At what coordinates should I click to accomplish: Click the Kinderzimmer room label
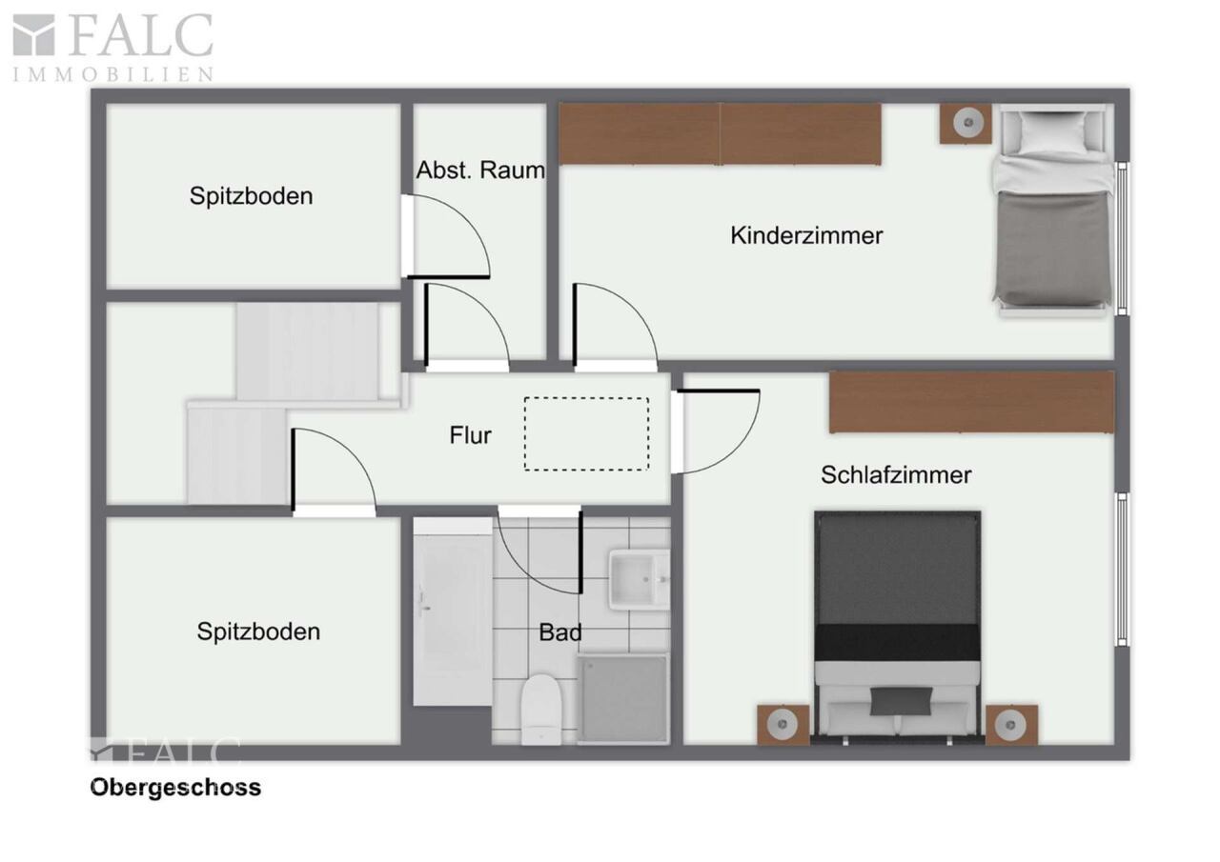pos(806,235)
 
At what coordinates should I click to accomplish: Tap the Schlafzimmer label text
pos(896,475)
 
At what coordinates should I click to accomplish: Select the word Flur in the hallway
pos(471,435)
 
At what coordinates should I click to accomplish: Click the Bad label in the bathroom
pos(560,632)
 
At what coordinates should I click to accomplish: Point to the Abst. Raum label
pos(480,170)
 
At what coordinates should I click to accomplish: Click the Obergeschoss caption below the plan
pos(175,788)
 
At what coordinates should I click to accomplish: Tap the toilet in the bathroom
pos(540,709)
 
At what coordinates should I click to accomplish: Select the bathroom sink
pos(640,579)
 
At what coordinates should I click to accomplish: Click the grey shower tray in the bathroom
pos(623,699)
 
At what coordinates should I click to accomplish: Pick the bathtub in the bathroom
pos(453,612)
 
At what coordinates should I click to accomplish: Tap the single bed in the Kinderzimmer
pos(1052,210)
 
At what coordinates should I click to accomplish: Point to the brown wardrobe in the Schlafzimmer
pos(971,402)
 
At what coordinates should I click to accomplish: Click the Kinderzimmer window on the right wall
pos(1122,238)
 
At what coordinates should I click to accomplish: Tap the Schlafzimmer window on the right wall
pos(1122,570)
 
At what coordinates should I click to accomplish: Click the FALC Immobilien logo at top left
pos(112,48)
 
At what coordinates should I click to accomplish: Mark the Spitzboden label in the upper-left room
pos(251,196)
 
